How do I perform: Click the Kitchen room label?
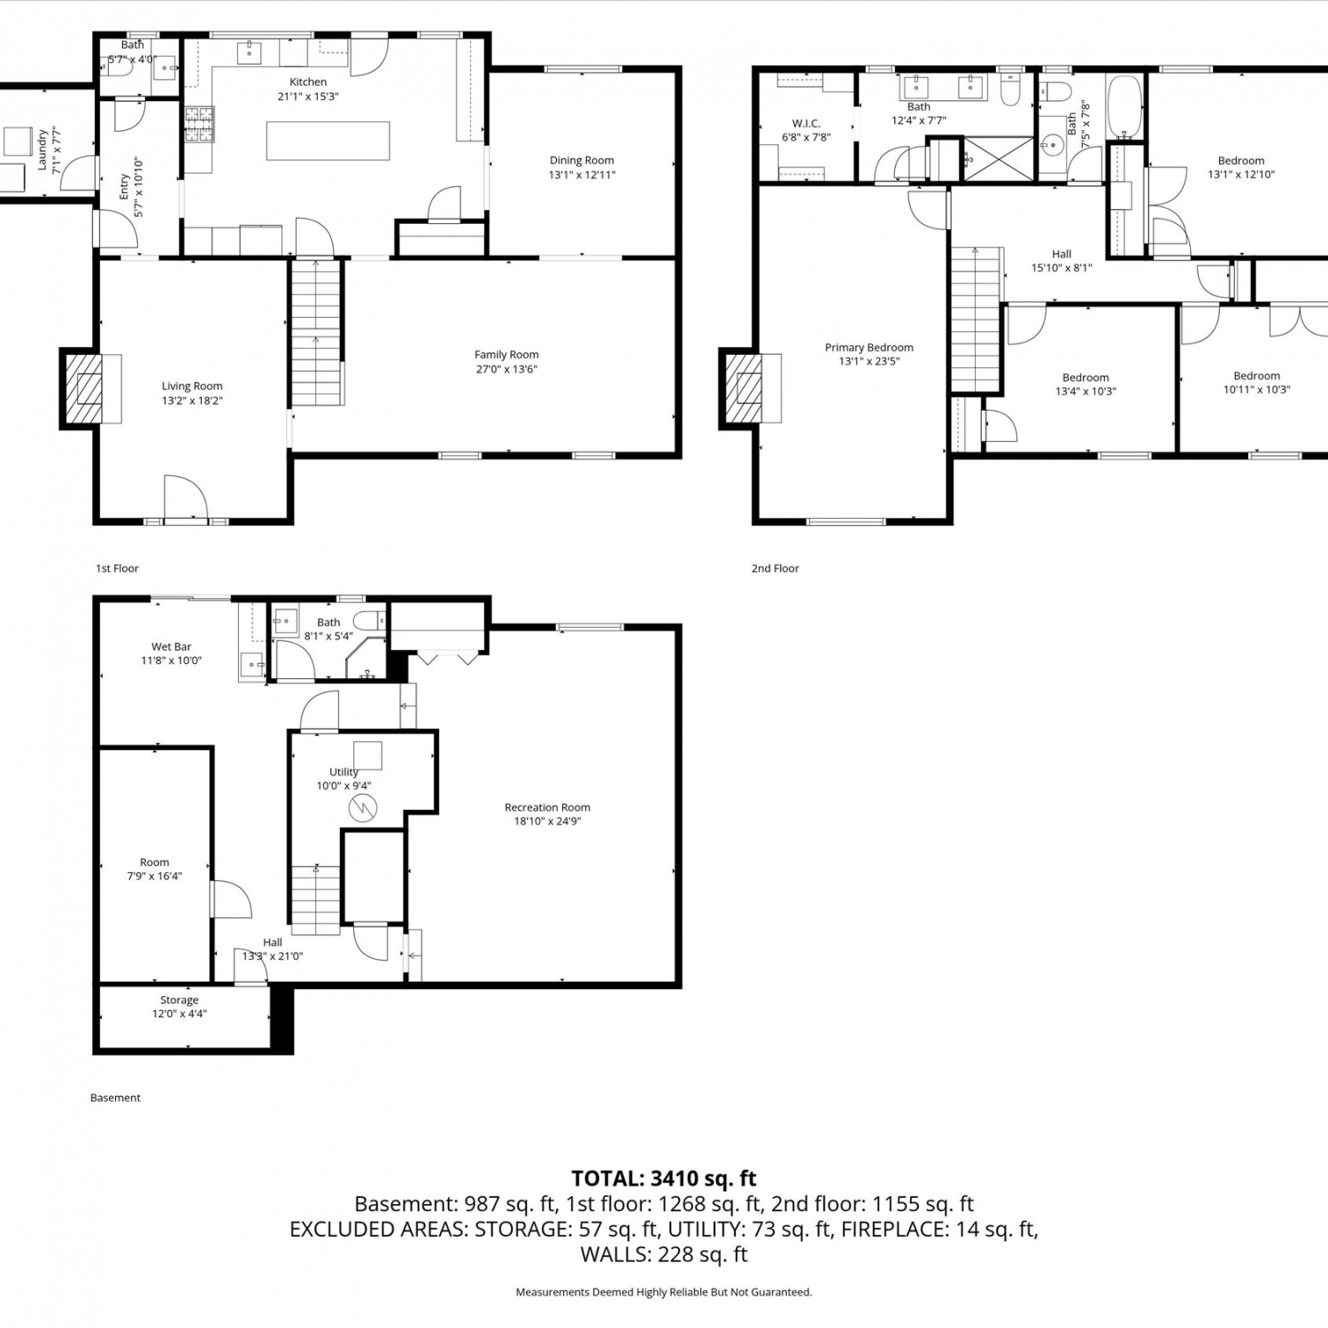(x=308, y=82)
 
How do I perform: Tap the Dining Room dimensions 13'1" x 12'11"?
(x=582, y=175)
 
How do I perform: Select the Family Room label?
(x=506, y=355)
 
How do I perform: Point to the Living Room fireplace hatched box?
(x=89, y=389)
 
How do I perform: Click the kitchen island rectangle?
(x=328, y=141)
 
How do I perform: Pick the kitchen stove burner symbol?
(x=199, y=124)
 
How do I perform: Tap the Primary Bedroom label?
(x=869, y=348)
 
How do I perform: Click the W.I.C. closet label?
(x=806, y=124)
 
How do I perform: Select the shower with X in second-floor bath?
(x=998, y=159)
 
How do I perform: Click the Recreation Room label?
(x=547, y=807)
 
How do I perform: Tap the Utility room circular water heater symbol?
(x=363, y=807)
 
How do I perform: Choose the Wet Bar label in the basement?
(x=171, y=647)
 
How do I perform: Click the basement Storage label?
(x=179, y=1000)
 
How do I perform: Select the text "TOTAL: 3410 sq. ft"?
(x=664, y=1178)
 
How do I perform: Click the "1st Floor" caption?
(x=117, y=568)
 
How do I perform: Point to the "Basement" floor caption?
(x=115, y=1098)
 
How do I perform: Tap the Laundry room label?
(x=42, y=150)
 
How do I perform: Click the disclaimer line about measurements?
(x=664, y=1293)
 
